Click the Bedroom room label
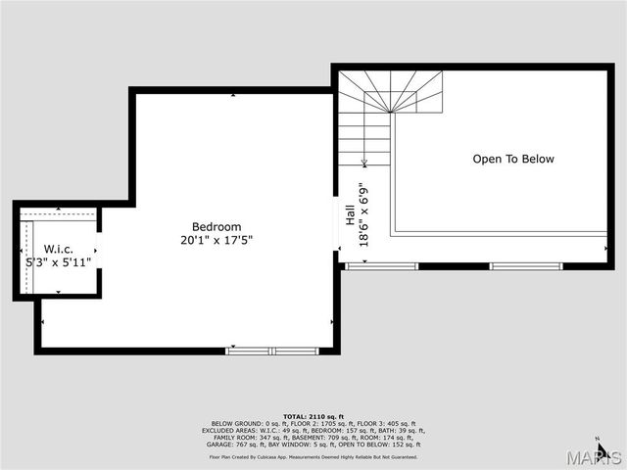coord(217,226)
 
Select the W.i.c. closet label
coord(58,250)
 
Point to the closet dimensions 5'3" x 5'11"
coord(58,262)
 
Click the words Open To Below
coord(513,159)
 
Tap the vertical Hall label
coord(350,214)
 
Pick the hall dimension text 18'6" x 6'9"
coord(363,214)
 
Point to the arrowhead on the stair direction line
coord(364,162)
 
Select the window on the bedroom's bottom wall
coord(272,350)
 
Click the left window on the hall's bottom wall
coord(382,265)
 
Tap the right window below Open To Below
coord(526,265)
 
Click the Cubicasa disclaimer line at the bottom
coord(313,456)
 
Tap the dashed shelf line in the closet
coord(56,213)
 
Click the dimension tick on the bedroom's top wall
coord(232,95)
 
